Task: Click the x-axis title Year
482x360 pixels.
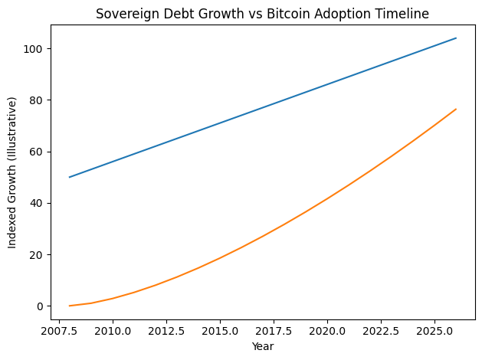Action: pos(263,346)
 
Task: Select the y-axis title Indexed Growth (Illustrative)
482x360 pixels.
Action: pos(12,172)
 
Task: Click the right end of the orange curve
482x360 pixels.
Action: pos(456,109)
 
